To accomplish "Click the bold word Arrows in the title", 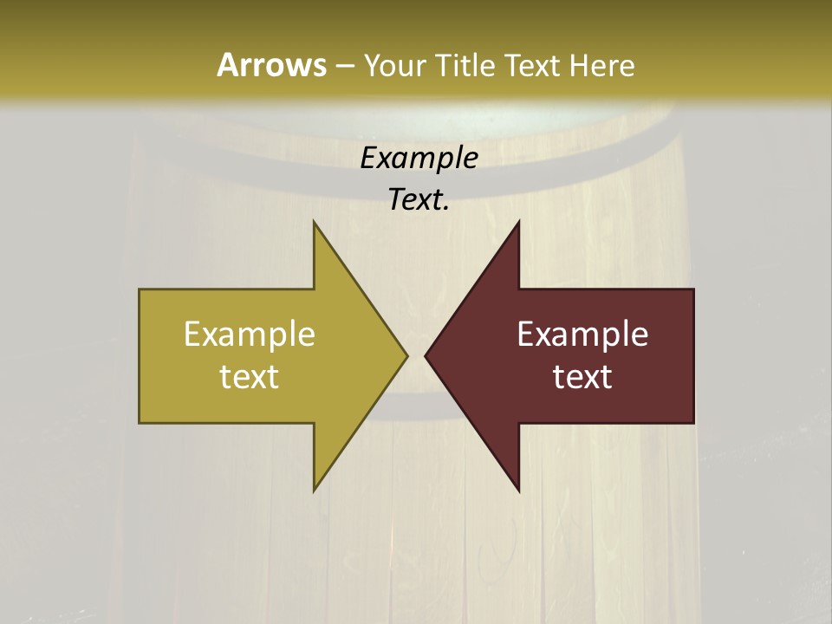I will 271,65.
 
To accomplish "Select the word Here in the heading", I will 601,66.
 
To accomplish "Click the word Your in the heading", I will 395,66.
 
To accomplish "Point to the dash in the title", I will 344,66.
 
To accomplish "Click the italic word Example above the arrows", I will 419,158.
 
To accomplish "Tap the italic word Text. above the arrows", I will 419,199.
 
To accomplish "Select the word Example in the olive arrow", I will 250,334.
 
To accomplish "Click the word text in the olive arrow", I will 250,376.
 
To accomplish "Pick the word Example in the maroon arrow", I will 582,334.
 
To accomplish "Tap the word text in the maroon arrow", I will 582,376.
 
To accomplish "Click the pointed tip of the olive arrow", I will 406,355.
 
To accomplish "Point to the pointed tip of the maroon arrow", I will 426,355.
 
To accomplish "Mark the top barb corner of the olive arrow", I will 314,222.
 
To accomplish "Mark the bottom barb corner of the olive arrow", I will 314,491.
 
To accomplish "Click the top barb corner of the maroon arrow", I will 518,222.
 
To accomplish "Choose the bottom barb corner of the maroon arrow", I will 518,491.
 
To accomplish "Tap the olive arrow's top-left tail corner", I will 140,289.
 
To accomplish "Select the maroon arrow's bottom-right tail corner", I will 693,422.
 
